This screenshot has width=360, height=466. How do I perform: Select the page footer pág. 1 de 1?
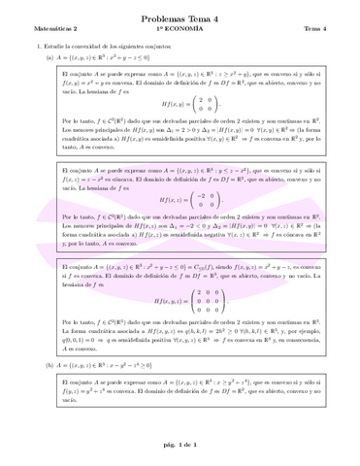tap(180, 446)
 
